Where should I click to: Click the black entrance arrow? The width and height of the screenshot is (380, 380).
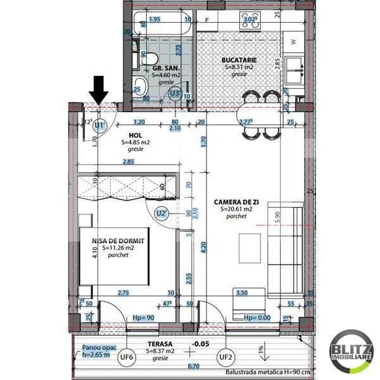click(x=98, y=89)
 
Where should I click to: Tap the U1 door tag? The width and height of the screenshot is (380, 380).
click(x=99, y=125)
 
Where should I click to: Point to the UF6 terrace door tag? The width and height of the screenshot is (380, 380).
click(x=127, y=357)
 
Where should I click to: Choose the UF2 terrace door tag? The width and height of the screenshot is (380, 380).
click(x=226, y=357)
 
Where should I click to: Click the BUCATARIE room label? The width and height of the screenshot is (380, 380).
click(x=238, y=60)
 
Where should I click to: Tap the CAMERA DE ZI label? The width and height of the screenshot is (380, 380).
click(x=237, y=201)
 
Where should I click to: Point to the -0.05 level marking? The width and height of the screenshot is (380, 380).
click(x=201, y=343)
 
